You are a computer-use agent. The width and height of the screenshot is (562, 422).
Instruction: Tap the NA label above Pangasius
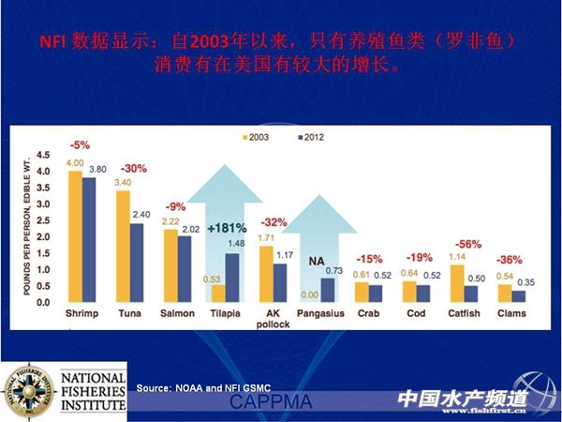(318, 250)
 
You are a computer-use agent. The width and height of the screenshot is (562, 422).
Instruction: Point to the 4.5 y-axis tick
(43, 154)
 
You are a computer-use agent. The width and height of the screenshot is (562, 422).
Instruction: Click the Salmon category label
(177, 314)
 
